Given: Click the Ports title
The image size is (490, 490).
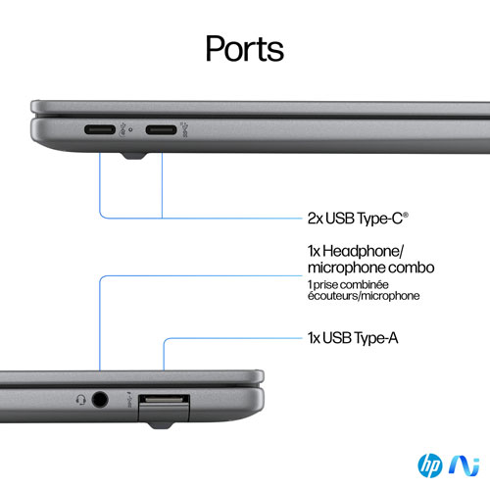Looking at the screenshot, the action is [245, 49].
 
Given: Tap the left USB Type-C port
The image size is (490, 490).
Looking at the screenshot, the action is [100, 129].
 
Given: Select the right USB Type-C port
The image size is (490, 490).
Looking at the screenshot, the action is [161, 129].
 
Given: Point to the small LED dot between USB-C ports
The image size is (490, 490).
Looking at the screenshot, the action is [131, 129].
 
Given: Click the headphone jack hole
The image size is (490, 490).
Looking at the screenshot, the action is [100, 399].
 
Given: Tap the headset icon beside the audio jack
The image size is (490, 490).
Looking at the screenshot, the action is [81, 400].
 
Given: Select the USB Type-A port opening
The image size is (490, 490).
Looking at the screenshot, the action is [164, 400].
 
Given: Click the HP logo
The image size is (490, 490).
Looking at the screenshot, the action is [430, 465].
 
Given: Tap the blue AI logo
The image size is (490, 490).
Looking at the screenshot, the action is [465, 465].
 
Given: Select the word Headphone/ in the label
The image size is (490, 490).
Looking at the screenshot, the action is [364, 251].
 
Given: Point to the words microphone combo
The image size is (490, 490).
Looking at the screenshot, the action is [371, 268].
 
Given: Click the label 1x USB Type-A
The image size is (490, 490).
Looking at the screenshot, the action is [353, 338].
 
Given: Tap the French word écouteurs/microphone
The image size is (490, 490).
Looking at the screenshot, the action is [364, 296].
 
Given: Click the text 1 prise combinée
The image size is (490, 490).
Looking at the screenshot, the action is [348, 284].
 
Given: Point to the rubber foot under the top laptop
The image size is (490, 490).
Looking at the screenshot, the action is [134, 156].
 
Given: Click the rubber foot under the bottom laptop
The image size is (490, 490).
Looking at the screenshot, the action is [160, 425].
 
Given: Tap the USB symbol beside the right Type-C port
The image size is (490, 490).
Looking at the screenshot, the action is [185, 129].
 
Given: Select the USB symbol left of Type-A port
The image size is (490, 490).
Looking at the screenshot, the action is [129, 400].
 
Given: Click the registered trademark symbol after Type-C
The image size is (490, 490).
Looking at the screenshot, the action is [406, 215].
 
